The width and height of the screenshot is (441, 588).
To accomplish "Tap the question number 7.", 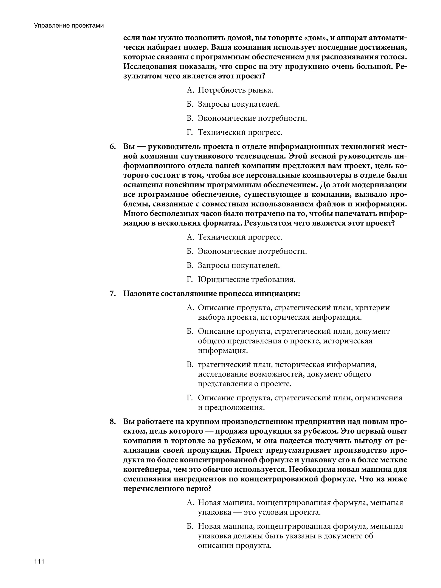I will pos(113,294).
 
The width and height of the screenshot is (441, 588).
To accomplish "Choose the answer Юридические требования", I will pos(246,279).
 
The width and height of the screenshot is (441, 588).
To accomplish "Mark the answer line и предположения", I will pos(231,407).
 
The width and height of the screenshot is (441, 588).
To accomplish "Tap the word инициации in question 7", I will pos(277,294).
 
